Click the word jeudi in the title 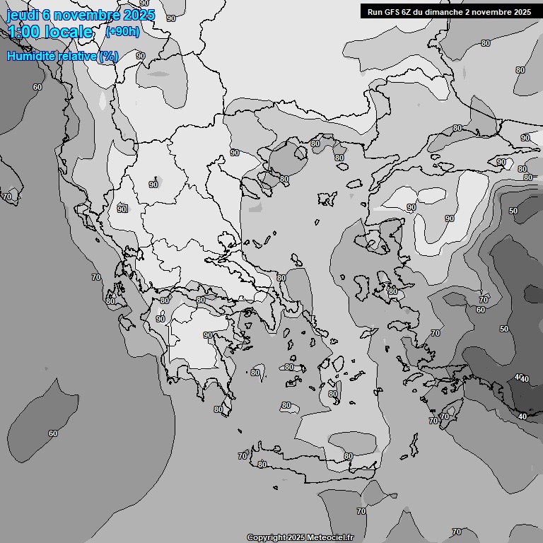(22, 15)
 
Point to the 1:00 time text (23, 32)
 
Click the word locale (69, 32)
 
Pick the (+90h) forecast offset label (122, 32)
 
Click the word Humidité (30, 56)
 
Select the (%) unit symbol (109, 56)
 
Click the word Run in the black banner (375, 12)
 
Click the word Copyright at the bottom (266, 537)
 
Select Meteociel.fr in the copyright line (330, 537)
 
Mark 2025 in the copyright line (296, 537)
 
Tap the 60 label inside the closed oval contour (53, 433)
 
